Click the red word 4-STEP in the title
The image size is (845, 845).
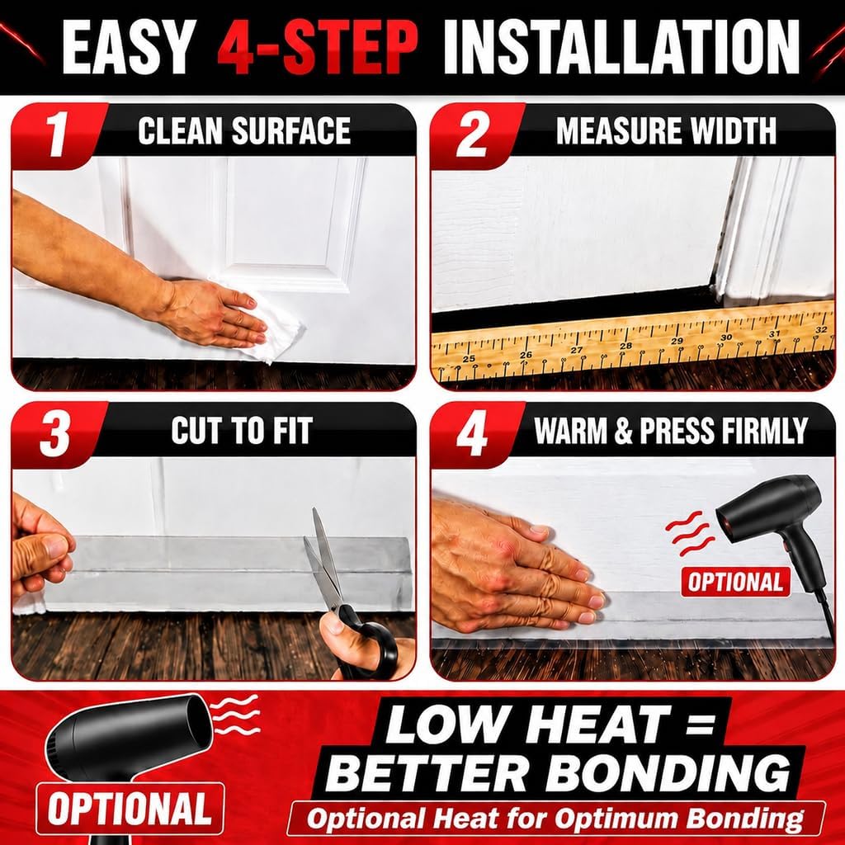tap(318, 48)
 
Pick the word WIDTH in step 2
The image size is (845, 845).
tap(734, 130)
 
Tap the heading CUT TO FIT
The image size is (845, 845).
tap(242, 431)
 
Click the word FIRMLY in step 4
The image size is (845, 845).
tap(765, 431)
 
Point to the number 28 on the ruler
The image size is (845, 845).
tap(625, 346)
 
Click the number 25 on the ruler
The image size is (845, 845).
tap(469, 358)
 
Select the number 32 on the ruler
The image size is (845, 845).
tap(821, 329)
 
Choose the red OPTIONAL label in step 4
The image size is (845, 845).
tap(735, 582)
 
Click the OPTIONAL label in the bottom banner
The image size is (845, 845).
tap(130, 809)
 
